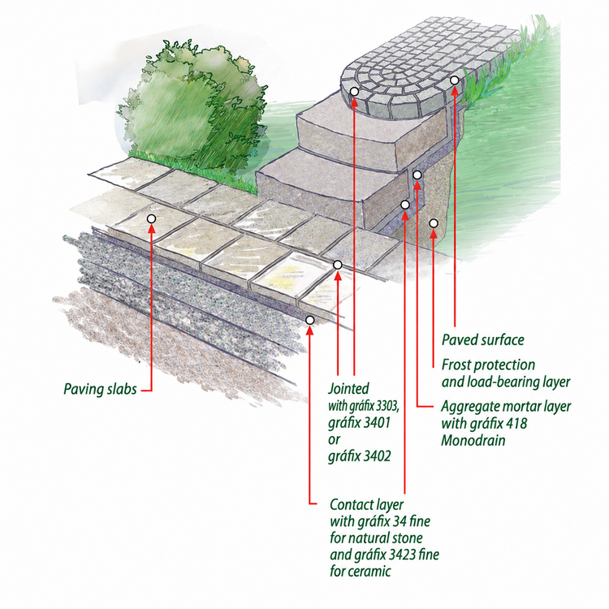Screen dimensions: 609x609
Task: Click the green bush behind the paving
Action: pyautogui.click(x=194, y=109)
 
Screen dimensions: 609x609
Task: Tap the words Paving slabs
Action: pyautogui.click(x=100, y=389)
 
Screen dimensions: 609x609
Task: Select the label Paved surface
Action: pyautogui.click(x=483, y=340)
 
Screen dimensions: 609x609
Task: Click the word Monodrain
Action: pyautogui.click(x=473, y=440)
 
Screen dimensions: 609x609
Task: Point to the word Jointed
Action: pyautogui.click(x=348, y=388)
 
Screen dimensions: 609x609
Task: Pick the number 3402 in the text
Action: pyautogui.click(x=374, y=456)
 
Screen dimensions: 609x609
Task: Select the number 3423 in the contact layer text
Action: pyautogui.click(x=403, y=555)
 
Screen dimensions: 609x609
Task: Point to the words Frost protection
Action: pyautogui.click(x=488, y=365)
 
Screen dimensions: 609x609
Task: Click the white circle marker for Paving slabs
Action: pyautogui.click(x=152, y=219)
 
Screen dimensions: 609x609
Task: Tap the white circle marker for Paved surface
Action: pyautogui.click(x=455, y=80)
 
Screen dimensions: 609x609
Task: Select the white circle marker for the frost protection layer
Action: pyautogui.click(x=434, y=223)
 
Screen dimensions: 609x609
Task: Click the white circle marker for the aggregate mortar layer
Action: pyautogui.click(x=417, y=175)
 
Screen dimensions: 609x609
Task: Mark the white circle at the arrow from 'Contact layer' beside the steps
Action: pyautogui.click(x=405, y=205)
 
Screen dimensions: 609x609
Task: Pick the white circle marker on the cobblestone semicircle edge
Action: pyautogui.click(x=354, y=92)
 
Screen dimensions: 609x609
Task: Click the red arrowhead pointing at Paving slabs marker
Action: pyautogui.click(x=152, y=228)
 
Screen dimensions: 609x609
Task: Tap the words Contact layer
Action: pyautogui.click(x=367, y=505)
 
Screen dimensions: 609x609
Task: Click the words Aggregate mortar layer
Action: pyautogui.click(x=506, y=407)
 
